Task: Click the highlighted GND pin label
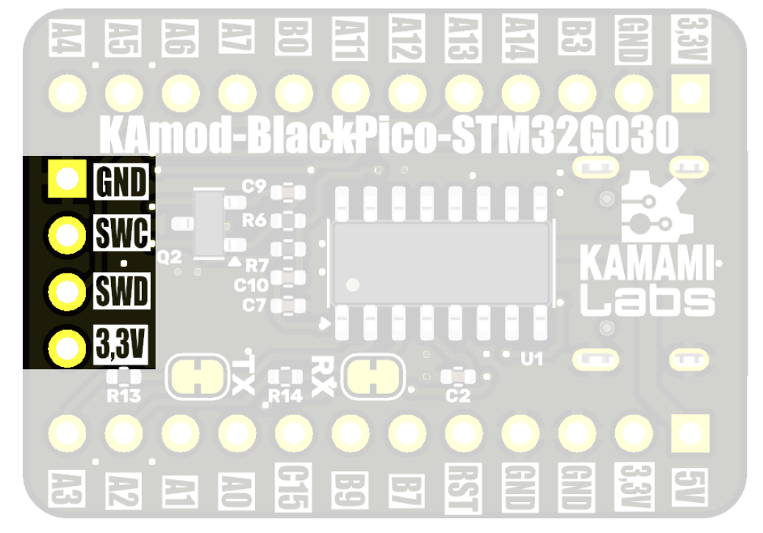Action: [x=121, y=181]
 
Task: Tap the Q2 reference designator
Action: [x=169, y=257]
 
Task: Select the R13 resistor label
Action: [x=123, y=397]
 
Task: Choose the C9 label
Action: [x=254, y=187]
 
